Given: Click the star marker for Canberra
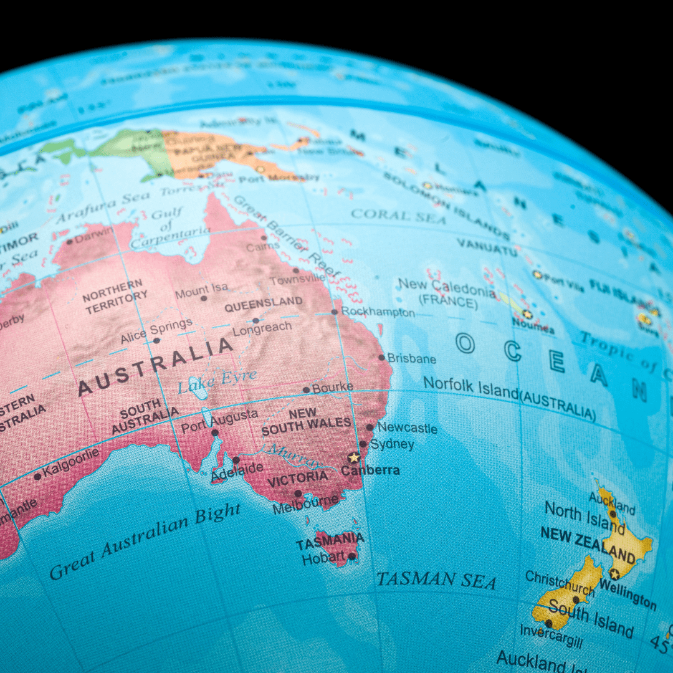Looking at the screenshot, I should [354, 457].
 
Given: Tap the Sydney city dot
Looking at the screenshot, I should [363, 444].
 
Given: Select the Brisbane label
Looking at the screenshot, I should [411, 359].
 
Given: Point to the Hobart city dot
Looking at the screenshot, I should [351, 556].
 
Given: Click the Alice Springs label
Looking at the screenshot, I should [156, 332].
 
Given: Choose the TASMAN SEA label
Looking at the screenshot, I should [436, 580].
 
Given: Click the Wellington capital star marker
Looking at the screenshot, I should [614, 574].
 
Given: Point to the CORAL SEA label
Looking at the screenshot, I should [399, 216].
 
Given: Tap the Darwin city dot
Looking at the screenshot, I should [69, 241].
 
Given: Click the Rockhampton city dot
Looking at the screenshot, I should [335, 312].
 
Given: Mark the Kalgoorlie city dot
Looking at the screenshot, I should [37, 477].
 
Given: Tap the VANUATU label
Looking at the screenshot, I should [487, 246].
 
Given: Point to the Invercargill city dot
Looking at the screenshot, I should [548, 623].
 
